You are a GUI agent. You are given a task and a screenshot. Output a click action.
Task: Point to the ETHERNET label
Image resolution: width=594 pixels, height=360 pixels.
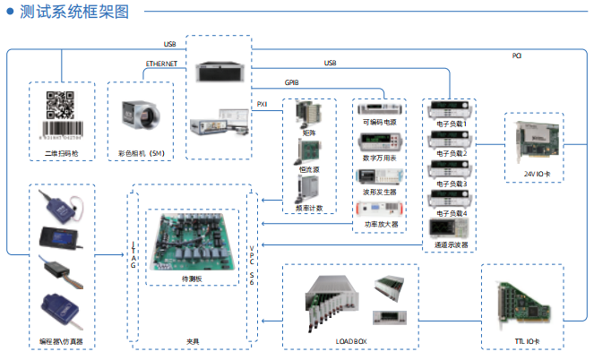tap(161, 64)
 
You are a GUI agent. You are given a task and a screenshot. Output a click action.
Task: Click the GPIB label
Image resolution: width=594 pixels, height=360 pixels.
tap(292, 81)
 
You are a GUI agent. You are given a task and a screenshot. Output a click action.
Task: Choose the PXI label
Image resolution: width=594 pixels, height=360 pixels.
tap(263, 104)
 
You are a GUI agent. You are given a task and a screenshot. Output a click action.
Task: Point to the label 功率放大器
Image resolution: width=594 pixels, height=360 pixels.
tap(382, 225)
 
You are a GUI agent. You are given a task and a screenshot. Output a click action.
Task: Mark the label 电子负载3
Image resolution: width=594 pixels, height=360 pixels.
tap(452, 184)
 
